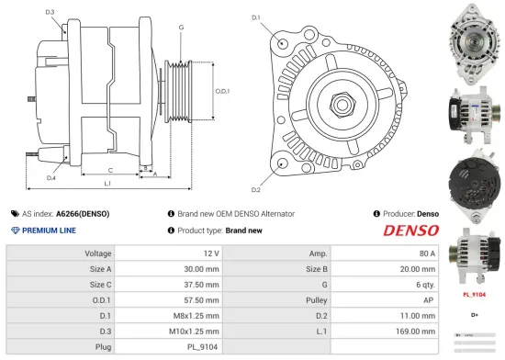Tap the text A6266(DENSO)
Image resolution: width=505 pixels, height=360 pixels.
pos(83,213)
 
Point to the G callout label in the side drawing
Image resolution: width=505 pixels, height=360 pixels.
pos(182,28)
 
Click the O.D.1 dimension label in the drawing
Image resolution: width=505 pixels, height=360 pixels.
pos(221,92)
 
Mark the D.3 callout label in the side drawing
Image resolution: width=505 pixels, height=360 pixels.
pos(50,12)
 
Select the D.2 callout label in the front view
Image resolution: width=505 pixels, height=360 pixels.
pos(255,189)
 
